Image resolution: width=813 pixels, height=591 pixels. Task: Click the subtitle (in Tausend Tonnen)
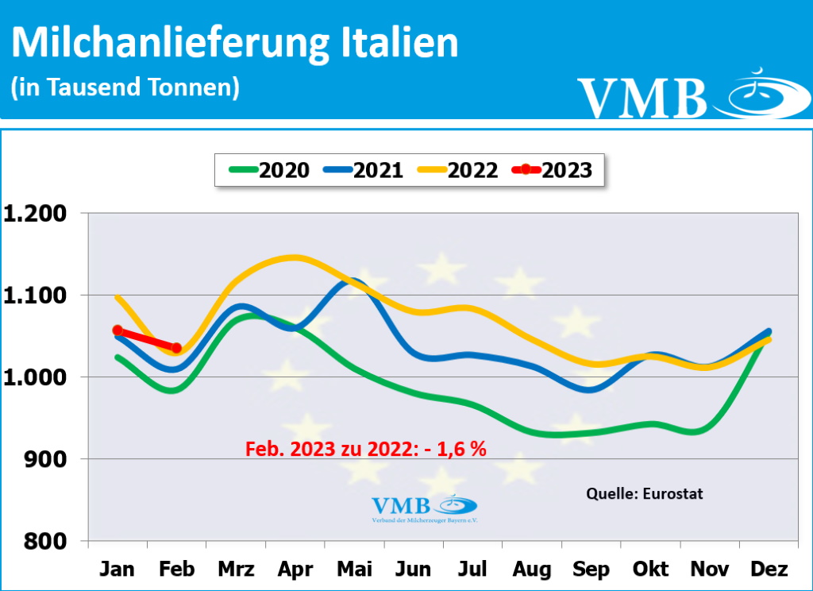click(x=125, y=86)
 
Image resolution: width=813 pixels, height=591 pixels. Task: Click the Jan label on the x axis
click(x=118, y=570)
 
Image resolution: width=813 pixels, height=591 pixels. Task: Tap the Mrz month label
click(x=236, y=570)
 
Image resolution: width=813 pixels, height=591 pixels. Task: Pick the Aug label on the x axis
click(x=532, y=570)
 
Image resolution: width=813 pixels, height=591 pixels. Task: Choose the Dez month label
click(x=769, y=570)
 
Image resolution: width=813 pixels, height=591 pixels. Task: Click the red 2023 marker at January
click(x=118, y=330)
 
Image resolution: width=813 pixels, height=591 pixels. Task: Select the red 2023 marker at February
click(x=176, y=347)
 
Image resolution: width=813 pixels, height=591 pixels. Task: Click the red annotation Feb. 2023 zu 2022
click(x=365, y=449)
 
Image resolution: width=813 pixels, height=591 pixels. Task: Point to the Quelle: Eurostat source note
click(x=645, y=493)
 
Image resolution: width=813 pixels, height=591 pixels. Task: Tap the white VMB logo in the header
click(x=683, y=95)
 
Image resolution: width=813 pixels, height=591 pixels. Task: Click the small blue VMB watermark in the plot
click(x=424, y=507)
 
